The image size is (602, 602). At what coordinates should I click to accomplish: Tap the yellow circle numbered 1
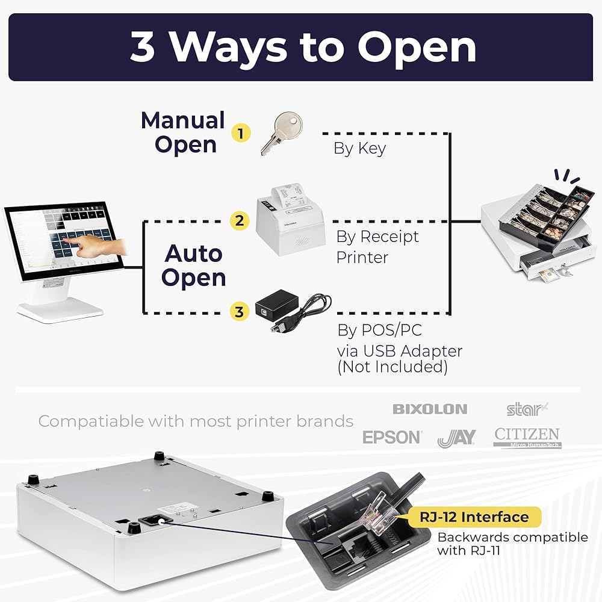[241, 132]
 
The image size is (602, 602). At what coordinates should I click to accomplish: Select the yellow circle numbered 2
[240, 220]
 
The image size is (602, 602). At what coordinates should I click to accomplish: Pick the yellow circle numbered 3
[240, 312]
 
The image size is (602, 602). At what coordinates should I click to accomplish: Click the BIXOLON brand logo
[430, 409]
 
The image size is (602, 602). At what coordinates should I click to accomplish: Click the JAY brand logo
[456, 438]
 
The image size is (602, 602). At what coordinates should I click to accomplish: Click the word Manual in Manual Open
[183, 121]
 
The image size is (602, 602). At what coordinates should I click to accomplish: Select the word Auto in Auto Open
[194, 253]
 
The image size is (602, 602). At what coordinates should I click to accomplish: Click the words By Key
[359, 149]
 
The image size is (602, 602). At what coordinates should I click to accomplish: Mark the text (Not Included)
[392, 367]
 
